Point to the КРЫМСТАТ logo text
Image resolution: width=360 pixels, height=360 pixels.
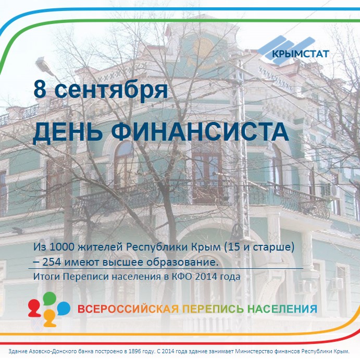click(300, 53)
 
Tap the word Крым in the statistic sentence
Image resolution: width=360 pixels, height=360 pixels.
click(209, 247)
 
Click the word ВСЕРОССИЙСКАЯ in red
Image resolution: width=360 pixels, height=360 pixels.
click(128, 309)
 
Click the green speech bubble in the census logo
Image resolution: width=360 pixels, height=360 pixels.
click(49, 299)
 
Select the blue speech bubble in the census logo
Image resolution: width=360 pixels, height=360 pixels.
click(63, 307)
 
